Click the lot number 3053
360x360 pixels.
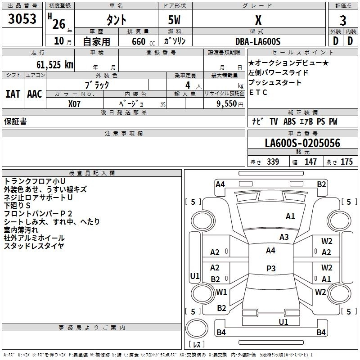click(x=22, y=19)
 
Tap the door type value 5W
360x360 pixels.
click(x=174, y=20)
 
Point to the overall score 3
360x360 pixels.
click(x=343, y=20)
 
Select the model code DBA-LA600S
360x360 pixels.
click(x=258, y=41)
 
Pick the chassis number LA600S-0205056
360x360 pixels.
click(x=302, y=143)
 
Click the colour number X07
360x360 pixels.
click(x=74, y=103)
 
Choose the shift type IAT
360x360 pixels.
click(x=13, y=94)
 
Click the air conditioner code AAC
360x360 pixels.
click(x=34, y=94)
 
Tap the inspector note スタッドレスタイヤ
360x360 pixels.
click(x=34, y=246)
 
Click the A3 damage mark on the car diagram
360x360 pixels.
click(x=284, y=237)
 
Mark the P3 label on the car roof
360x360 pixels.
click(x=270, y=268)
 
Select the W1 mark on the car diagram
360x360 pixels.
click(x=221, y=292)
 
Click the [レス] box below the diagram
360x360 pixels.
click(x=196, y=345)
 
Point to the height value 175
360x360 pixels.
click(x=346, y=162)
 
